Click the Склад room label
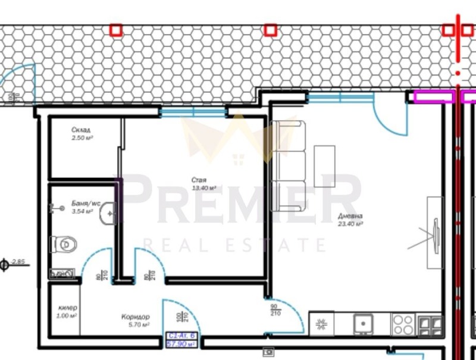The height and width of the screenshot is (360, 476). pyautogui.click(x=80, y=130)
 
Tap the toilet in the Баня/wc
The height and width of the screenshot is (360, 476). pyautogui.click(x=64, y=244)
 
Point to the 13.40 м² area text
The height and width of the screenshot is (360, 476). pyautogui.click(x=203, y=188)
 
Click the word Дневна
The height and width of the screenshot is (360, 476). pyautogui.click(x=351, y=216)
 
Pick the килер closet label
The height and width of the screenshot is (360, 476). pyautogui.click(x=68, y=308)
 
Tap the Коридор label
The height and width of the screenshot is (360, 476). pyautogui.click(x=135, y=317)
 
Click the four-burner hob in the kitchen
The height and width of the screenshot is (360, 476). pyautogui.click(x=403, y=325)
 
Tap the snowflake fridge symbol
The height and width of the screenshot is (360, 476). pyautogui.click(x=322, y=325)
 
